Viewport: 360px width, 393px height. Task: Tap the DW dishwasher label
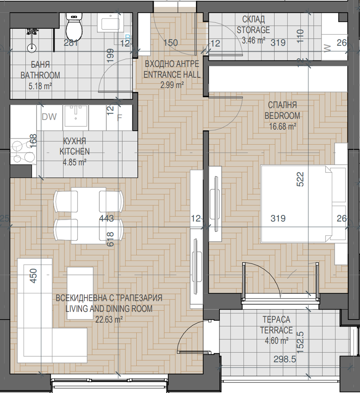click(x=49, y=117)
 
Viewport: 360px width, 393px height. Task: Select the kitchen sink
click(x=76, y=116)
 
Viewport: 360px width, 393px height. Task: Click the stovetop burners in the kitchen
click(x=23, y=152)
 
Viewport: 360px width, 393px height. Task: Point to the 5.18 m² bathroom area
click(x=40, y=86)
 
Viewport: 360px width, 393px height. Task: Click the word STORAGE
click(x=253, y=30)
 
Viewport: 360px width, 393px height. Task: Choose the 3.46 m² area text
click(x=253, y=40)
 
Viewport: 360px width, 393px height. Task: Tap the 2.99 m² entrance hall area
click(x=172, y=85)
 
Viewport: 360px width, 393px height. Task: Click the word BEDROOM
click(x=282, y=116)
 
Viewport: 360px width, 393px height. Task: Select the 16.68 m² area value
click(x=282, y=126)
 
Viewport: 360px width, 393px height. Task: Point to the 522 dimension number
click(x=300, y=179)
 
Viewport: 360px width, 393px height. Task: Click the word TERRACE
click(x=276, y=330)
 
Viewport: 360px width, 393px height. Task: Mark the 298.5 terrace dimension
click(x=284, y=359)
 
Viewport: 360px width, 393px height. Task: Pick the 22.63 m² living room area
click(x=109, y=319)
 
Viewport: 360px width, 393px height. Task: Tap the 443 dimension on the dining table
click(x=106, y=218)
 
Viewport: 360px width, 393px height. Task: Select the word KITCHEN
click(x=75, y=151)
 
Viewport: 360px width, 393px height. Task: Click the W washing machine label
click(x=328, y=48)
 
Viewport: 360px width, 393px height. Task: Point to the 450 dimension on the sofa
click(x=33, y=276)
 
